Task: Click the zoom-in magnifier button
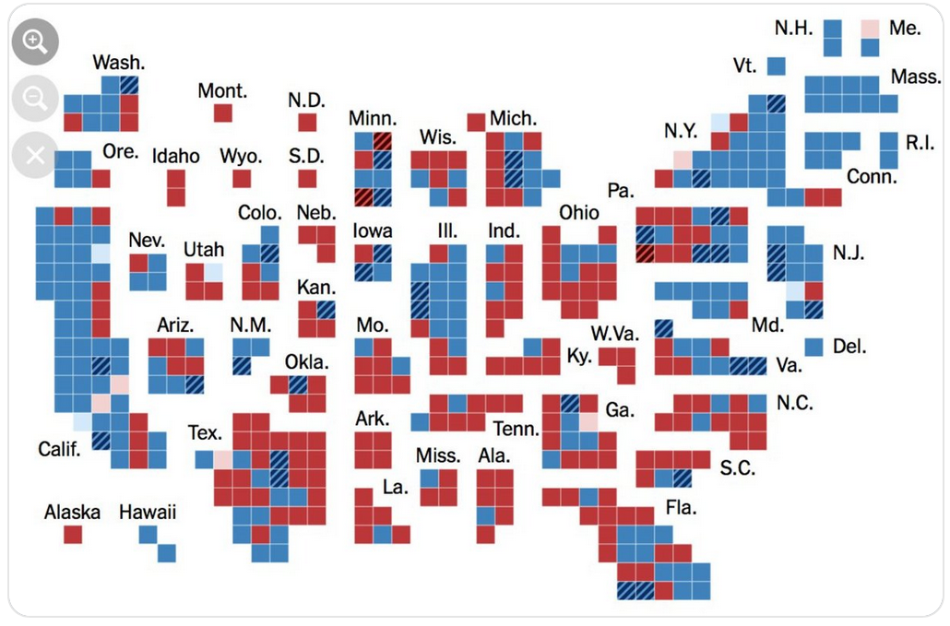pos(35,41)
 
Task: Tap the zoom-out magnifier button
pos(35,99)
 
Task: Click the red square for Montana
pos(223,112)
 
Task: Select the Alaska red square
pos(73,534)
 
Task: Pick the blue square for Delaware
pos(813,347)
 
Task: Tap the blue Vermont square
pos(776,66)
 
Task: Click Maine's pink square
pos(870,29)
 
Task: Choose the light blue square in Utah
pos(213,272)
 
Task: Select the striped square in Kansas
pos(326,310)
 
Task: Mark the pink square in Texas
pos(223,459)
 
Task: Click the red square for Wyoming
pos(242,178)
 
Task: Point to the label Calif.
pos(60,450)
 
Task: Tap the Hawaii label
pos(148,512)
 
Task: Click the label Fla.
pos(681,507)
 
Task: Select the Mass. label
pos(915,77)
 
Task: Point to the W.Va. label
pos(614,333)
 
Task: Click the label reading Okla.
pos(306,361)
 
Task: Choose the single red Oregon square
pos(101,178)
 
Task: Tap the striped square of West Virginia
pos(663,328)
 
